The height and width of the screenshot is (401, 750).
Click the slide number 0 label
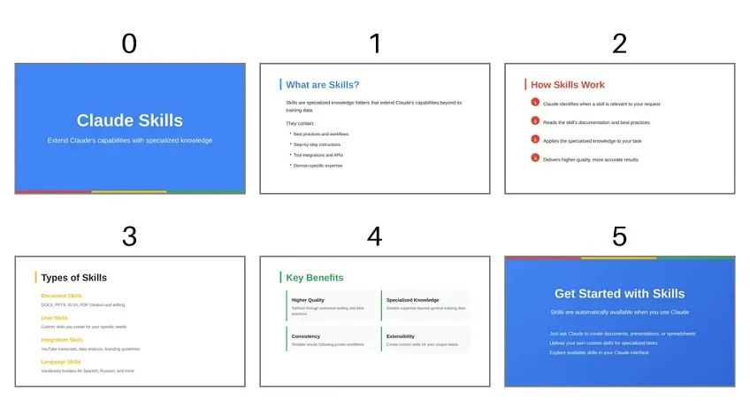(x=129, y=43)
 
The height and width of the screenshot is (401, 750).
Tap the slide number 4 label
(x=374, y=237)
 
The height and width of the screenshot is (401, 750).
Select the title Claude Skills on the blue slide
(x=129, y=120)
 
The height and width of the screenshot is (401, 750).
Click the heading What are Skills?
(x=322, y=85)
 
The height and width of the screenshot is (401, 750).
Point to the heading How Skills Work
(x=567, y=85)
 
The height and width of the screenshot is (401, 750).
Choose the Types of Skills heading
(x=73, y=278)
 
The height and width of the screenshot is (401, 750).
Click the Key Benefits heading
(x=315, y=278)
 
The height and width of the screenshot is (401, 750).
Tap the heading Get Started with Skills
(x=619, y=294)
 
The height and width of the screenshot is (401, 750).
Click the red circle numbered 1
(x=535, y=103)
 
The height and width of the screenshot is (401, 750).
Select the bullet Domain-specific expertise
(x=318, y=166)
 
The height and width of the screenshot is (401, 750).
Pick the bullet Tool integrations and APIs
(x=318, y=155)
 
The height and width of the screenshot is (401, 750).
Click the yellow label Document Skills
(x=61, y=296)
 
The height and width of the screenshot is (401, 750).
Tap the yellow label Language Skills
(x=61, y=362)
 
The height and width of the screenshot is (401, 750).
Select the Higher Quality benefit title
(x=308, y=300)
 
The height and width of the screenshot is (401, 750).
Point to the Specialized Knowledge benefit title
(x=413, y=300)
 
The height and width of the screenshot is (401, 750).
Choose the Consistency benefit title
(x=305, y=336)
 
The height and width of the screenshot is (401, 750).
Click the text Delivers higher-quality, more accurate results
(x=590, y=160)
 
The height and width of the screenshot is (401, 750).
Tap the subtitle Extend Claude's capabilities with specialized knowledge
(x=129, y=141)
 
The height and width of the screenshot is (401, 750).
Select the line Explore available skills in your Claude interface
(x=598, y=352)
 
